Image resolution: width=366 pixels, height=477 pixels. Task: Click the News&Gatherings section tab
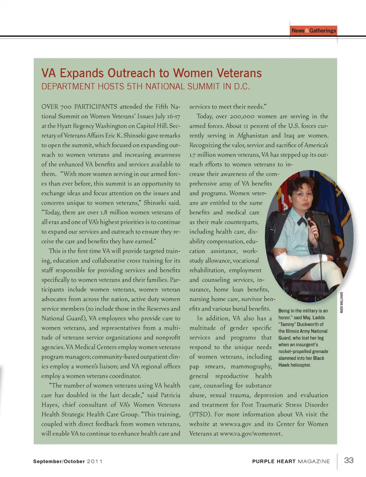tap(314, 31)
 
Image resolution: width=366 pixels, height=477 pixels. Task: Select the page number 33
tap(349, 460)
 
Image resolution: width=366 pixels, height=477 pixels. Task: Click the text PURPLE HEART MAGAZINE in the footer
tap(291, 461)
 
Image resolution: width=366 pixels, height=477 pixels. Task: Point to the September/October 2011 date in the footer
tap(67, 461)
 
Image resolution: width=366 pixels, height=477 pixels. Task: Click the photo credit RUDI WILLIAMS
tap(342, 302)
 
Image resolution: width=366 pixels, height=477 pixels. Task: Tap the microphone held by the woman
tap(310, 220)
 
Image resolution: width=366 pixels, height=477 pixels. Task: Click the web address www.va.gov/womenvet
tap(251, 434)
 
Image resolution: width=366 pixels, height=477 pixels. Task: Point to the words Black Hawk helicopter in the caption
tap(301, 362)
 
